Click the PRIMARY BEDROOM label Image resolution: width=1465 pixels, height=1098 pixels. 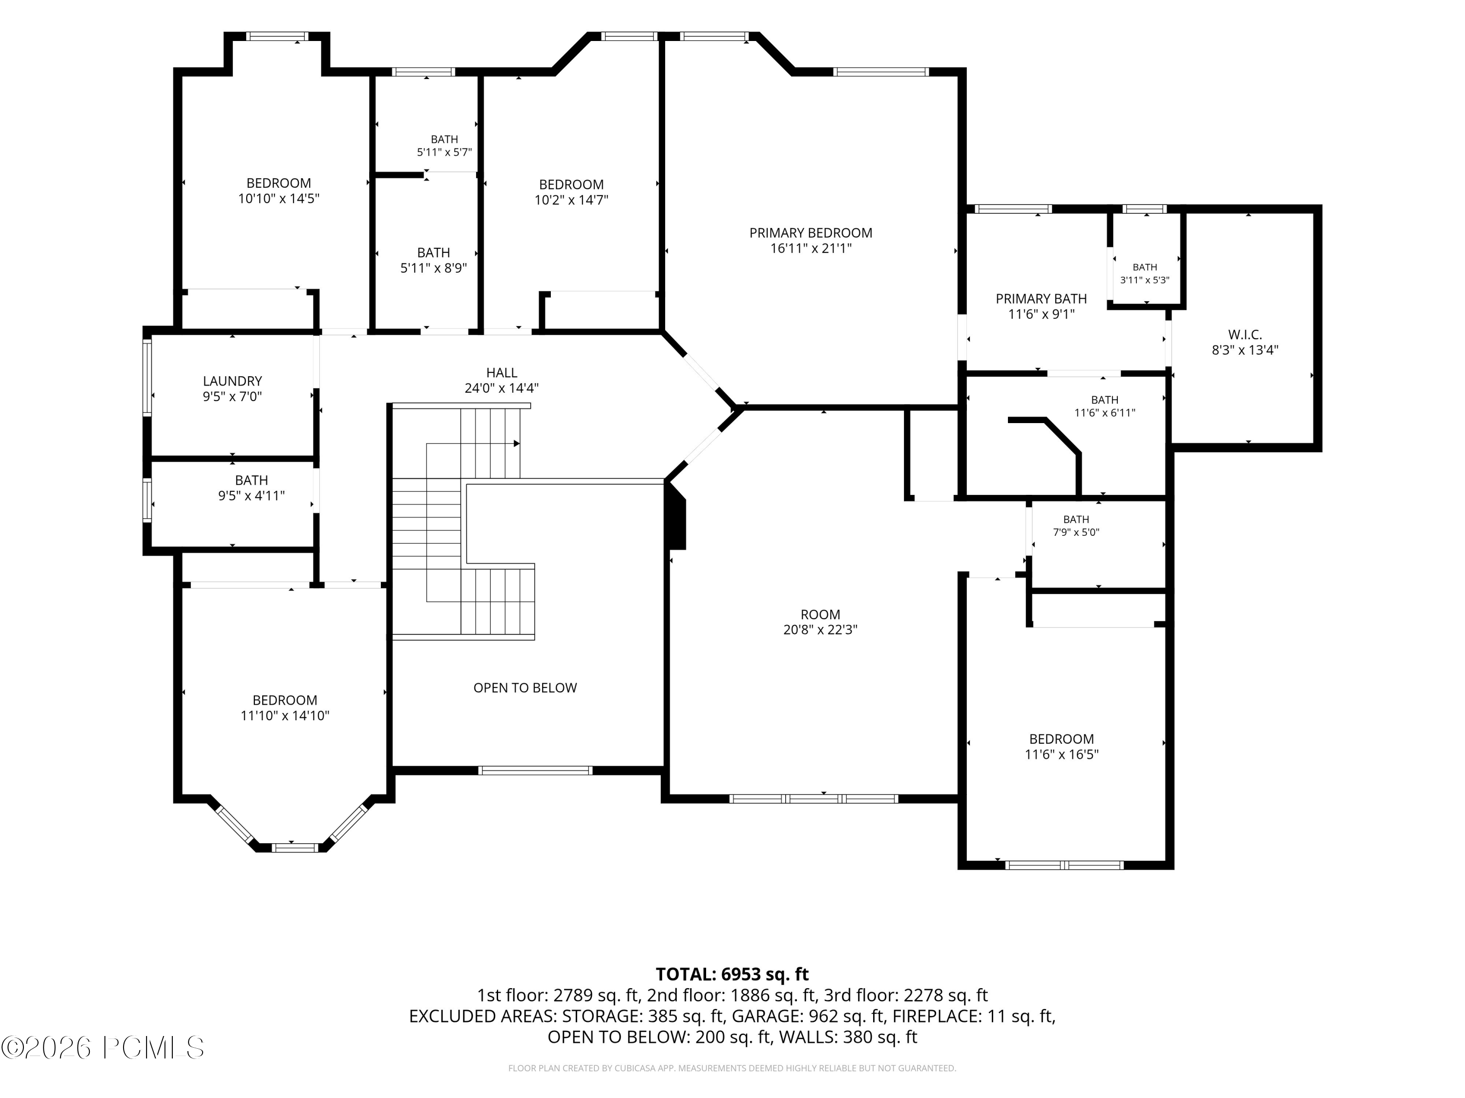(811, 233)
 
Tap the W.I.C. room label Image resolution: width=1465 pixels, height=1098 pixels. (1245, 335)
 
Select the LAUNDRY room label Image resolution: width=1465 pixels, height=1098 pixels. (232, 381)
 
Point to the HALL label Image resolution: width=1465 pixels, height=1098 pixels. (502, 373)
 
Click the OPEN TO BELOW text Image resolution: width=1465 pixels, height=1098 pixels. (525, 688)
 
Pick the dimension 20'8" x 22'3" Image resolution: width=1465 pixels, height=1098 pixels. (820, 630)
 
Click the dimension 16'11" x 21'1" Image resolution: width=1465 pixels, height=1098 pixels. (811, 249)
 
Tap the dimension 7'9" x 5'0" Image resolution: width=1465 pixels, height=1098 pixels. (1076, 532)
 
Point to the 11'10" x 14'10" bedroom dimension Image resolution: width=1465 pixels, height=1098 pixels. (285, 716)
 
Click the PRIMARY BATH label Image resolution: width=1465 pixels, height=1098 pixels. (1041, 299)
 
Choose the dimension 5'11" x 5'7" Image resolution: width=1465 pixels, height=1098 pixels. (444, 152)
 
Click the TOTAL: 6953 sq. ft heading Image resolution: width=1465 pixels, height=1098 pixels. (732, 974)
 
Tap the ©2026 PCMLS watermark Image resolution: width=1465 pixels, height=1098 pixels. (103, 1048)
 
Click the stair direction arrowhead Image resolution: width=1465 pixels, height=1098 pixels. (517, 444)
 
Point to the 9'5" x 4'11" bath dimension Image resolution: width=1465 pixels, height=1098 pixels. (251, 496)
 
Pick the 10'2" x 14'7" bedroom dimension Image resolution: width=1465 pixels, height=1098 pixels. (571, 200)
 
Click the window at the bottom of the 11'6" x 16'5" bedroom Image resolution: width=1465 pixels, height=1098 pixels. (1064, 865)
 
